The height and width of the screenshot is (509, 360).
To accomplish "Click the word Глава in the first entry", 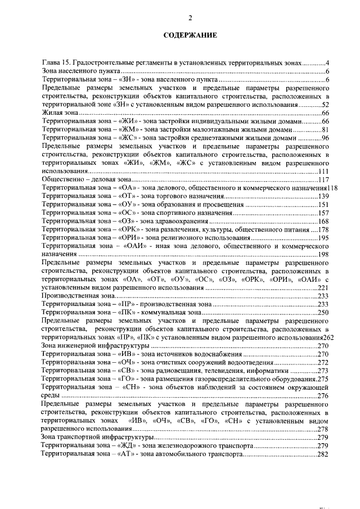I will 52,61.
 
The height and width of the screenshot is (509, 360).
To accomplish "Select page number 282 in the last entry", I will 322,454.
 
